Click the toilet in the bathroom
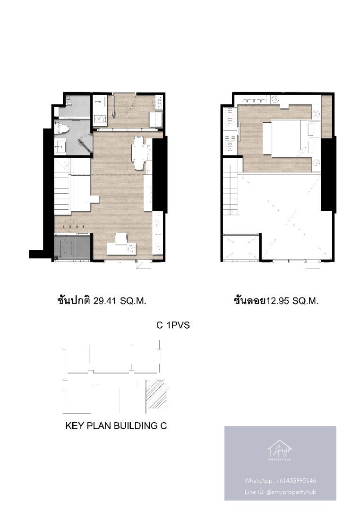coord(62,128)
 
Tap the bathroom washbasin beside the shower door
coord(60,146)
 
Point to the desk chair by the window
coord(121,238)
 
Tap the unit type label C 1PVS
coord(173,325)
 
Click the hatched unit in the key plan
coord(157,394)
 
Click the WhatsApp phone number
coord(296,480)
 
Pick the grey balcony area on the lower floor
coord(72,246)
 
